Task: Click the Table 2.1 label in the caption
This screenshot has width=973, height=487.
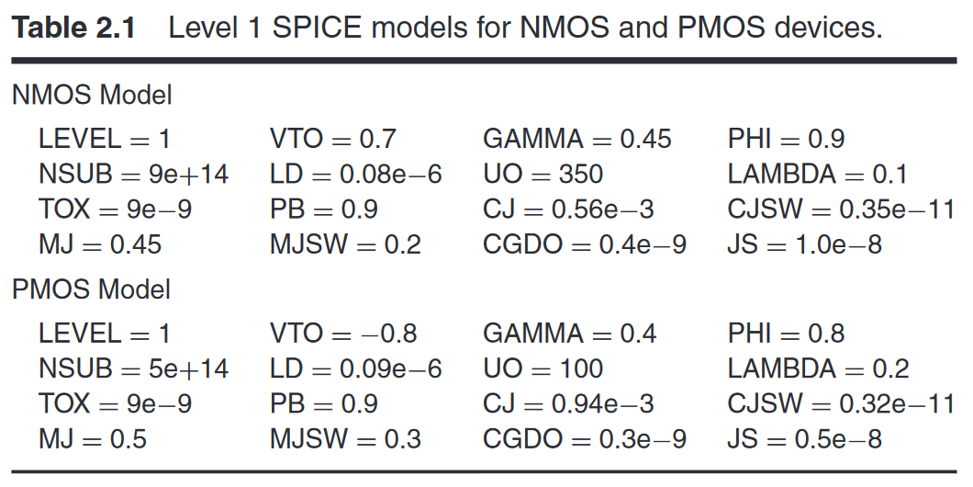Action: (73, 28)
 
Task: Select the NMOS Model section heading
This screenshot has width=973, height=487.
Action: (92, 95)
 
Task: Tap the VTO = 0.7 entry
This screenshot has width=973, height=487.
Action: (333, 139)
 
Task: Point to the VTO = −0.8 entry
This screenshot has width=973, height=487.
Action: (343, 333)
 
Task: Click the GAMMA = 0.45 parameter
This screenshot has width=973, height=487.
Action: (577, 139)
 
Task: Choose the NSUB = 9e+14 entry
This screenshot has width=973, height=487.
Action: (133, 174)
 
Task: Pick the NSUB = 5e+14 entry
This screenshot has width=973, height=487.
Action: (133, 368)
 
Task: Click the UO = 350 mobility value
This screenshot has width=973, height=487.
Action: (543, 174)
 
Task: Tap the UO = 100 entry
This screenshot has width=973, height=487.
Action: (543, 368)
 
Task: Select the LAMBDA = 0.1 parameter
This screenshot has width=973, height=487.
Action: (818, 174)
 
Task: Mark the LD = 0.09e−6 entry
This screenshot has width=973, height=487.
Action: (356, 368)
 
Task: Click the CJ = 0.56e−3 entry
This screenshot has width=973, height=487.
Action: (568, 210)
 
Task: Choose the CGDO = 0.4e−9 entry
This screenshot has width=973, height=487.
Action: (585, 244)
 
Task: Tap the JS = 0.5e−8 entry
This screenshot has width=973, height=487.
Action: (805, 439)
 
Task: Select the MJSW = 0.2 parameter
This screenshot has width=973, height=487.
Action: (345, 244)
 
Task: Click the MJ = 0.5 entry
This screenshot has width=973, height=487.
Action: (93, 439)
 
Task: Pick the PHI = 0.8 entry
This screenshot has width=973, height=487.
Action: (787, 333)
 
